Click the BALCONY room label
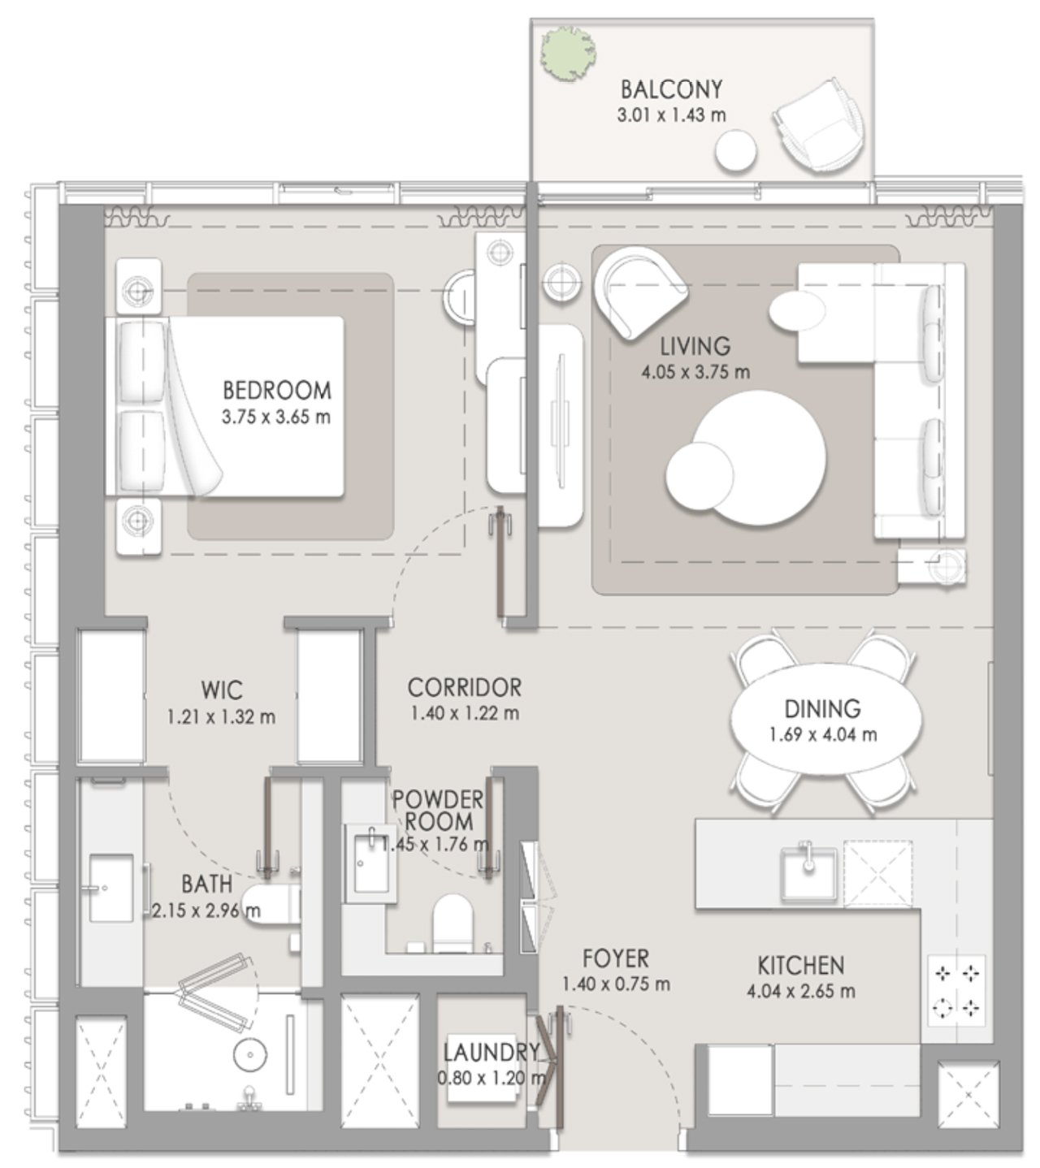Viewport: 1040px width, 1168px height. (671, 89)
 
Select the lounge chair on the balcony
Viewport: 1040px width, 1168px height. (821, 125)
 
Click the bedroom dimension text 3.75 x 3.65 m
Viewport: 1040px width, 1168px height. (275, 417)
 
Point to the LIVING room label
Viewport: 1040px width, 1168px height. (695, 347)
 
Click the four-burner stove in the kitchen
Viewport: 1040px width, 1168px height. (957, 990)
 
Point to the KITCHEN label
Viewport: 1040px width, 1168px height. (800, 966)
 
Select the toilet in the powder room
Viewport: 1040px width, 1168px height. (453, 922)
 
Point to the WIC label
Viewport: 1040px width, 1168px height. (222, 690)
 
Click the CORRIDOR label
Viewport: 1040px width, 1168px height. (464, 687)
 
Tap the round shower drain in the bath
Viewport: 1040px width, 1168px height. (250, 1055)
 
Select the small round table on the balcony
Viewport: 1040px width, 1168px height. (735, 151)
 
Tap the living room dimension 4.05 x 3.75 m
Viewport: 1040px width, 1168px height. (695, 373)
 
